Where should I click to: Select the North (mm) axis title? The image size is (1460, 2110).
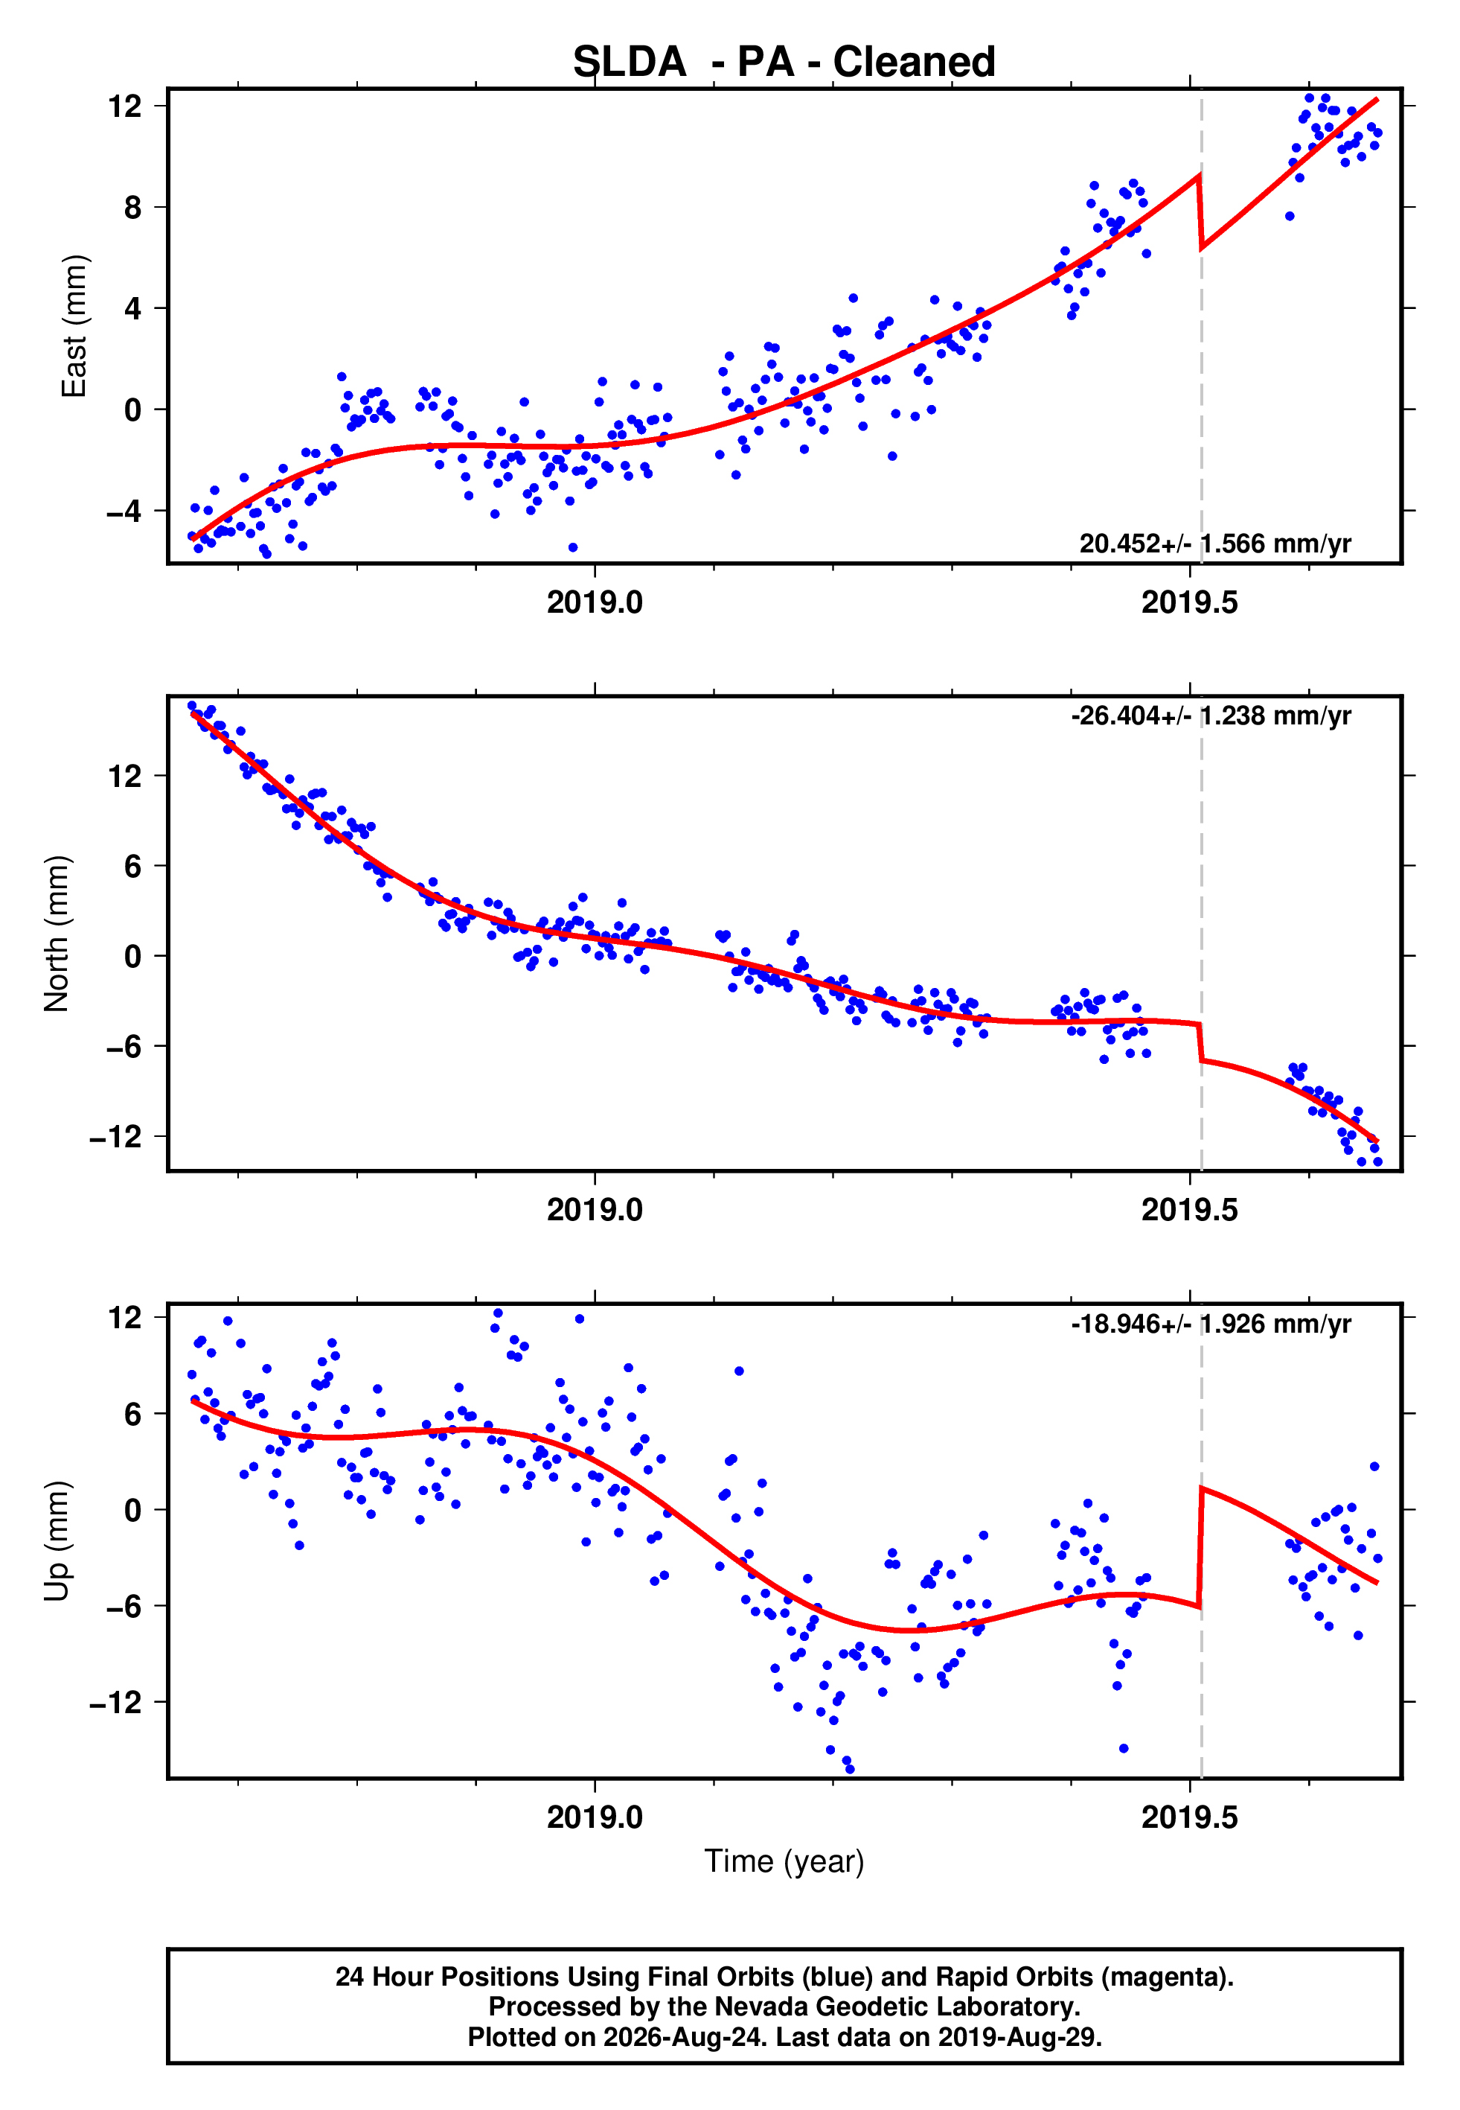pyautogui.click(x=57, y=934)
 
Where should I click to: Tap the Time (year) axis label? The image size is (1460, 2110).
pyautogui.click(x=784, y=1862)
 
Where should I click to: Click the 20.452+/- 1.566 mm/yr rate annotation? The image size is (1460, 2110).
pyautogui.click(x=1215, y=544)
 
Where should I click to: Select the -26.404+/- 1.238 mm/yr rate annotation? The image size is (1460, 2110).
pyautogui.click(x=1211, y=715)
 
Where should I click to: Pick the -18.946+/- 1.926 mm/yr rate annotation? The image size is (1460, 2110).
pyautogui.click(x=1211, y=1324)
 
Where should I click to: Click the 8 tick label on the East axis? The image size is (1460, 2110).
pyautogui.click(x=133, y=208)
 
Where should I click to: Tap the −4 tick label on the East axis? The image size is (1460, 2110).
pyautogui.click(x=124, y=511)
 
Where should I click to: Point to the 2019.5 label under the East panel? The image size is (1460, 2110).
pyautogui.click(x=1189, y=603)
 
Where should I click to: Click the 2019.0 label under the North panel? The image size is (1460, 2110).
pyautogui.click(x=595, y=1211)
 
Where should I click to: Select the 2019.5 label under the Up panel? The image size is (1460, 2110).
pyautogui.click(x=1189, y=1817)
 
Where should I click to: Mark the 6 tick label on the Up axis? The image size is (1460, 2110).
pyautogui.click(x=133, y=1414)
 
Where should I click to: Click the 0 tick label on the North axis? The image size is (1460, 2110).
pyautogui.click(x=133, y=956)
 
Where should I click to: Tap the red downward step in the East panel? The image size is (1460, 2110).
pyautogui.click(x=1200, y=211)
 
